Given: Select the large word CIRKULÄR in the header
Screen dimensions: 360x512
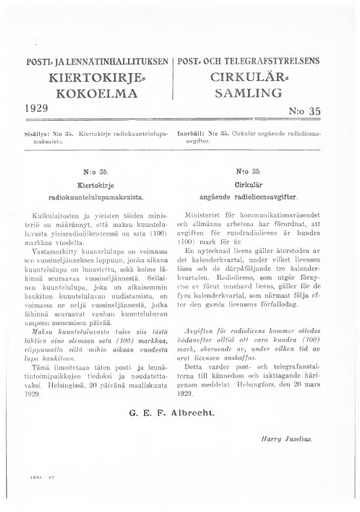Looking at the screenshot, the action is [x=265, y=78].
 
